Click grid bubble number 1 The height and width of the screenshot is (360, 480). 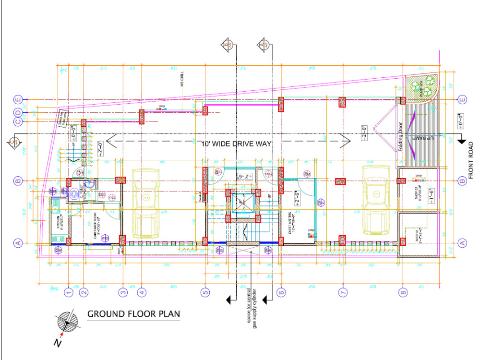69,291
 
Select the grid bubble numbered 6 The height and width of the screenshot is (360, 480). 281,291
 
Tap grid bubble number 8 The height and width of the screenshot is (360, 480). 403,291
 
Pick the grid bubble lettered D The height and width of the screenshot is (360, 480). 18,113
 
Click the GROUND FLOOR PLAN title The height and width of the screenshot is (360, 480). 133,314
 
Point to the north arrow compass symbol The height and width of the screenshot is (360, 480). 67,323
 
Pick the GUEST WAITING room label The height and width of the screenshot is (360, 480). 291,223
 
